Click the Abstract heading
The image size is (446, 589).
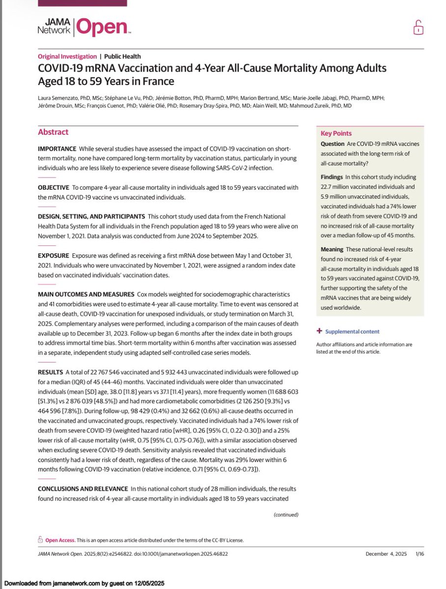tap(54, 132)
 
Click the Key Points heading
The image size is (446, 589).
tap(336, 133)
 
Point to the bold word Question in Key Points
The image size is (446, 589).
tap(334, 144)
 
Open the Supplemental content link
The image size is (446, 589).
tap(352, 331)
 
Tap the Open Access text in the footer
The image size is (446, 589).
tap(60, 540)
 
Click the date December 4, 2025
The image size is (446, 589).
tap(387, 554)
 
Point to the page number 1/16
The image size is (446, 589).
tap(420, 554)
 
